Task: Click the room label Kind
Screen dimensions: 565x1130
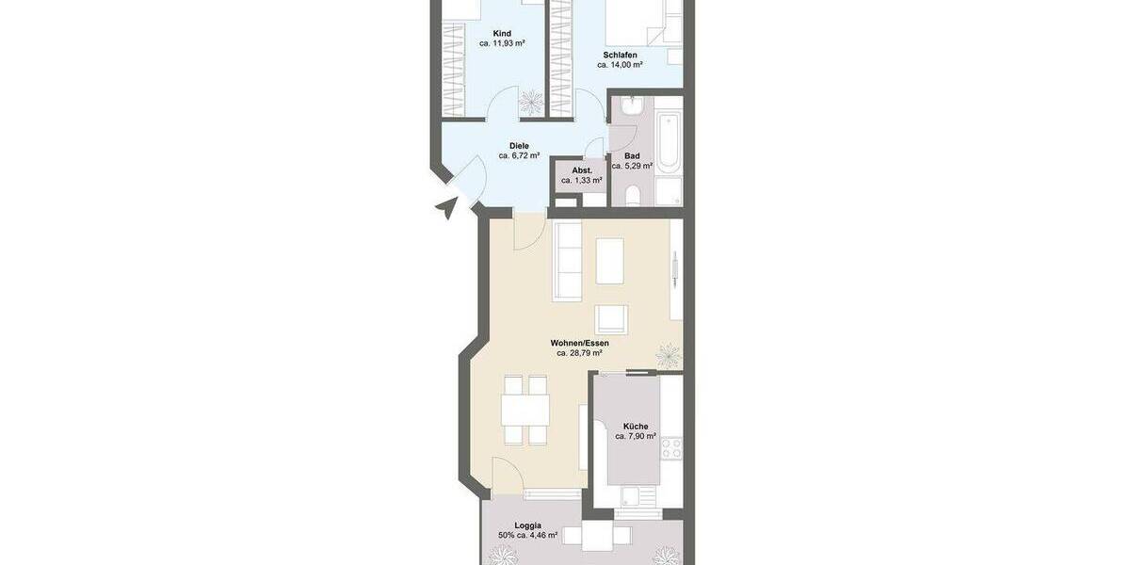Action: pos(502,34)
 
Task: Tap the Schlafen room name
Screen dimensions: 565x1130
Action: pos(621,56)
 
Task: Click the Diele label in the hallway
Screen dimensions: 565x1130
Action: pos(519,146)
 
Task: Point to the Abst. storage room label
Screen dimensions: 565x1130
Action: pos(581,170)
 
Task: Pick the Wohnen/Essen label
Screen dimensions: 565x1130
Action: pos(580,344)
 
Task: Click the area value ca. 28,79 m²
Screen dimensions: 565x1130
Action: pos(580,354)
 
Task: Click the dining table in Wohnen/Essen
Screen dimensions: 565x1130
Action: pos(525,410)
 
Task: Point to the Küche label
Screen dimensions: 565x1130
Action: pos(636,427)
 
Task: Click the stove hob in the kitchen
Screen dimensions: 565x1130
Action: pos(671,448)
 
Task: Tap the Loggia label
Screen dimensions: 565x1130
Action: pos(527,525)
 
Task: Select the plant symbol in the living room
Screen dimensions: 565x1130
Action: pos(669,355)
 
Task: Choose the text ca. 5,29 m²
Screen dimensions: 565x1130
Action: pos(633,167)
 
